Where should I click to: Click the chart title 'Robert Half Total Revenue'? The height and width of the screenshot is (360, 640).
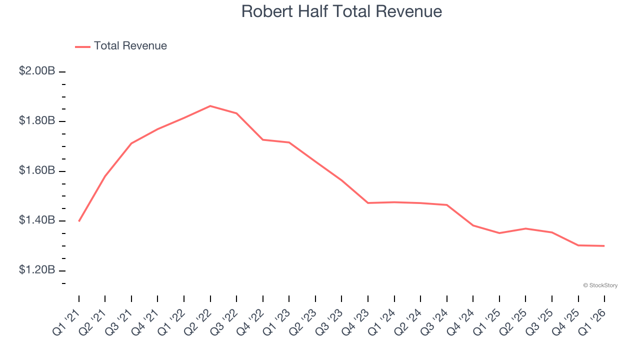pyautogui.click(x=341, y=11)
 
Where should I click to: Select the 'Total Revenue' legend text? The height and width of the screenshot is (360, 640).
pyautogui.click(x=130, y=46)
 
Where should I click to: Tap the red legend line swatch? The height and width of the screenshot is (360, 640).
pyautogui.click(x=82, y=46)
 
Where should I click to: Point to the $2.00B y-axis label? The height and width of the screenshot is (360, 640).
pyautogui.click(x=37, y=71)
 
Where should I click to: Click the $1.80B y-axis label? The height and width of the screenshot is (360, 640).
pyautogui.click(x=37, y=121)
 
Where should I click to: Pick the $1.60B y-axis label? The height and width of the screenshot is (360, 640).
pyautogui.click(x=37, y=170)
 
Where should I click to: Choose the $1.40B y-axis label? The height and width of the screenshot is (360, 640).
pyautogui.click(x=37, y=220)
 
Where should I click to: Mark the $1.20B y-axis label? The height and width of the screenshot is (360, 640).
pyautogui.click(x=37, y=270)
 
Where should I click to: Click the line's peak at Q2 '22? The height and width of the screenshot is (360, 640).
pyautogui.click(x=210, y=106)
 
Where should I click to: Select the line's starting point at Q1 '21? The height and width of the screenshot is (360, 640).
pyautogui.click(x=79, y=221)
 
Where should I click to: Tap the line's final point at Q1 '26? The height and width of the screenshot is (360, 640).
pyautogui.click(x=604, y=246)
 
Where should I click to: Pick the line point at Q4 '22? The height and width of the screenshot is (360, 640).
pyautogui.click(x=263, y=139)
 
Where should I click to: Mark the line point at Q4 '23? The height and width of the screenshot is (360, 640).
pyautogui.click(x=368, y=203)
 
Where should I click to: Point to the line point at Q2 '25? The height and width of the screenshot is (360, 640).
pyautogui.click(x=525, y=228)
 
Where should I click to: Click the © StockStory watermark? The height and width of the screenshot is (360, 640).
pyautogui.click(x=600, y=285)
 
